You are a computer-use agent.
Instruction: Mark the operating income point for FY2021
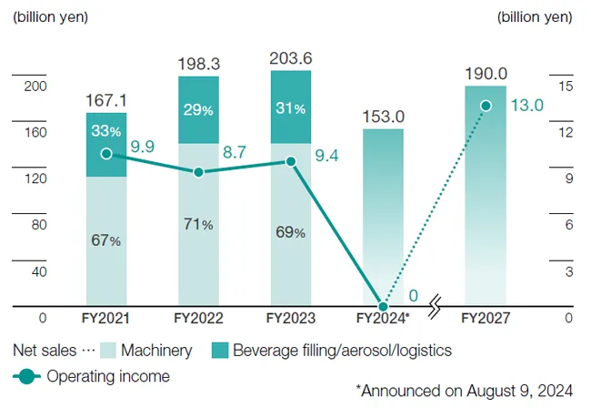click(106, 154)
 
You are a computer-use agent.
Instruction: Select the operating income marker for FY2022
click(198, 171)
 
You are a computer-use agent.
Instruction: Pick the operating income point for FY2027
click(486, 106)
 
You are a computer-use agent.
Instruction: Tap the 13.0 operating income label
click(526, 105)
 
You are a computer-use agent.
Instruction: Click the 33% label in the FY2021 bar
click(106, 130)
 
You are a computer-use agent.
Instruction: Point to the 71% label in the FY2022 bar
click(198, 224)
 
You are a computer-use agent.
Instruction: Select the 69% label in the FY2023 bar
click(290, 232)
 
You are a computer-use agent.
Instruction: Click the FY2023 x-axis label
click(290, 319)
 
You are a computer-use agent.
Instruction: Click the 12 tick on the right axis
click(566, 132)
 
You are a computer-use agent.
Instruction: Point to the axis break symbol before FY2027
click(436, 303)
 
